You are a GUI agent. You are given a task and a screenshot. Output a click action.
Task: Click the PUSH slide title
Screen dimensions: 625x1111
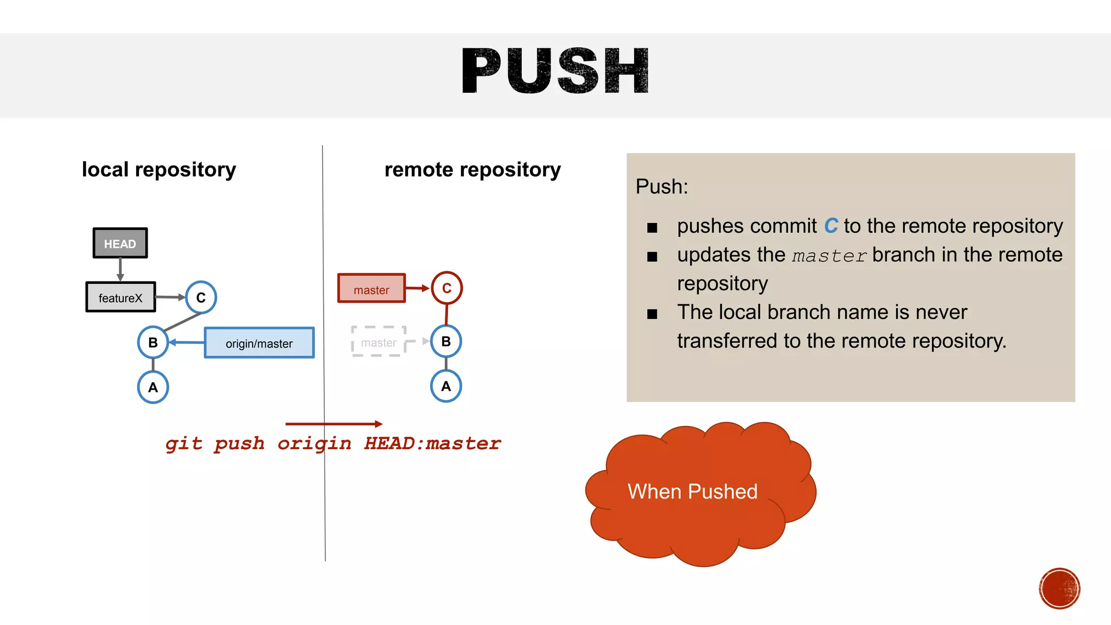pyautogui.click(x=555, y=71)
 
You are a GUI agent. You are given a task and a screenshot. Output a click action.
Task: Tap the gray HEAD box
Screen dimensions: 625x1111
pyautogui.click(x=120, y=243)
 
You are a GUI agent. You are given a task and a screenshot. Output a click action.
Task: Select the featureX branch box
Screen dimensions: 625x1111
pyautogui.click(x=120, y=297)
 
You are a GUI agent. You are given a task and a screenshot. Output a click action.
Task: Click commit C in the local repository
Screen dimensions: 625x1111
pyautogui.click(x=201, y=297)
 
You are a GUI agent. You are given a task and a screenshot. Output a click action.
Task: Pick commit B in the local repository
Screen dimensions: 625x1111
pyautogui.click(x=153, y=342)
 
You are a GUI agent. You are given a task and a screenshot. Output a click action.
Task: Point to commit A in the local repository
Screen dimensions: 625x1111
pyautogui.click(x=153, y=387)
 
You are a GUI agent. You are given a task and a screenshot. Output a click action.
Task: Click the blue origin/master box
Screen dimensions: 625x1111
pyautogui.click(x=259, y=343)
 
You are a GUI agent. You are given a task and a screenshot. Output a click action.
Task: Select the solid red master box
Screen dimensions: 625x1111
pyautogui.click(x=372, y=289)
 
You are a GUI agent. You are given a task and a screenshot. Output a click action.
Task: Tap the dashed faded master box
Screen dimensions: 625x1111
pyautogui.click(x=379, y=342)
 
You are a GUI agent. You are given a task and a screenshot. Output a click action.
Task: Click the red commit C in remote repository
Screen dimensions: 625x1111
pyautogui.click(x=446, y=288)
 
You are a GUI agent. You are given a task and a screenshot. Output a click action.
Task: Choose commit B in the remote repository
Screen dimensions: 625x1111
pyautogui.click(x=446, y=341)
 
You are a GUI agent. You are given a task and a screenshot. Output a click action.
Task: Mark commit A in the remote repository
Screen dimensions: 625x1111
pyautogui.click(x=446, y=386)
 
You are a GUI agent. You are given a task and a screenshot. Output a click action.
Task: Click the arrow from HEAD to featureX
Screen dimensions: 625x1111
pyautogui.click(x=120, y=269)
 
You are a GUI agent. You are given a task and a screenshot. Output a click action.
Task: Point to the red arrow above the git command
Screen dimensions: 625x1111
pyautogui.click(x=334, y=424)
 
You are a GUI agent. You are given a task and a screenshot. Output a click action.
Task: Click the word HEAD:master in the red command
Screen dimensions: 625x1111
pyautogui.click(x=432, y=443)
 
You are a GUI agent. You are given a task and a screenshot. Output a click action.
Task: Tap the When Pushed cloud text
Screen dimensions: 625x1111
pyautogui.click(x=692, y=492)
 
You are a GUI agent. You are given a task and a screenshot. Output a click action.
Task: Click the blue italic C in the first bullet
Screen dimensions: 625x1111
pyautogui.click(x=831, y=226)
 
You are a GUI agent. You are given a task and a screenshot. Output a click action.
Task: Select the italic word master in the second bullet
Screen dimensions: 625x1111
pyautogui.click(x=829, y=256)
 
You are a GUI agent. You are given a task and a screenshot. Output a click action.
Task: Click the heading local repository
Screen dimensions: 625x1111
pyautogui.click(x=159, y=170)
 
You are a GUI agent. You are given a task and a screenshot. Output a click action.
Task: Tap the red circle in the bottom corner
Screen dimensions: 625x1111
pyautogui.click(x=1059, y=589)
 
